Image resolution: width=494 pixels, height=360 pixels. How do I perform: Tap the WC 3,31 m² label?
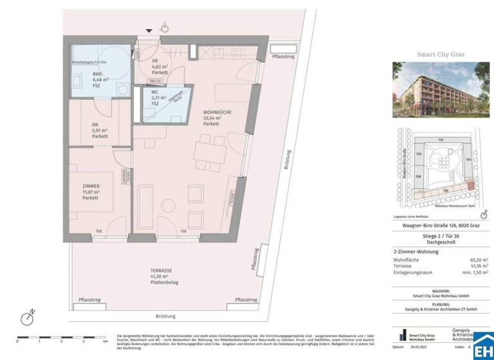click(154, 99)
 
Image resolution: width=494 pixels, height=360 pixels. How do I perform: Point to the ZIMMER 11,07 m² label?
click(89, 192)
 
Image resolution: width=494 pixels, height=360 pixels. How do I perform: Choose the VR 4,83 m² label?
click(160, 69)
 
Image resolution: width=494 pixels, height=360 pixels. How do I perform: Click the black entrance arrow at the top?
click(150, 30)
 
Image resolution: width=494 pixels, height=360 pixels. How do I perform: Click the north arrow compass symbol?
click(28, 318)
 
